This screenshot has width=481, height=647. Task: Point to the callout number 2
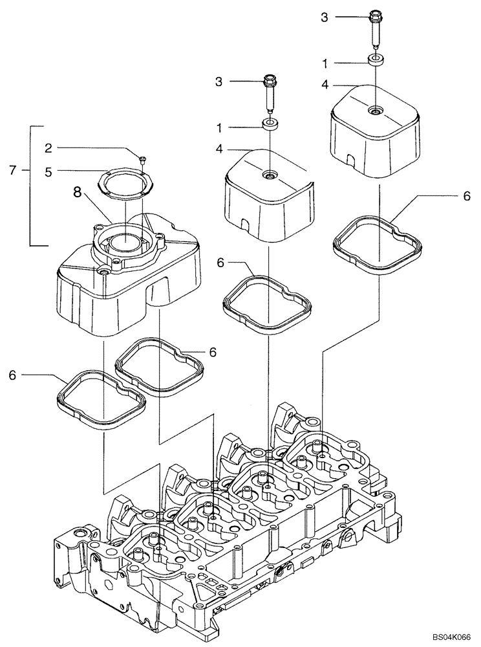48,148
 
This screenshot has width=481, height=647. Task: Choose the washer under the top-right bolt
376,61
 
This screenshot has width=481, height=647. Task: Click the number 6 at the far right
467,197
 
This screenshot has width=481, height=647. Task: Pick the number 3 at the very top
325,17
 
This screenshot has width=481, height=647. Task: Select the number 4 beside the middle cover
219,149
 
